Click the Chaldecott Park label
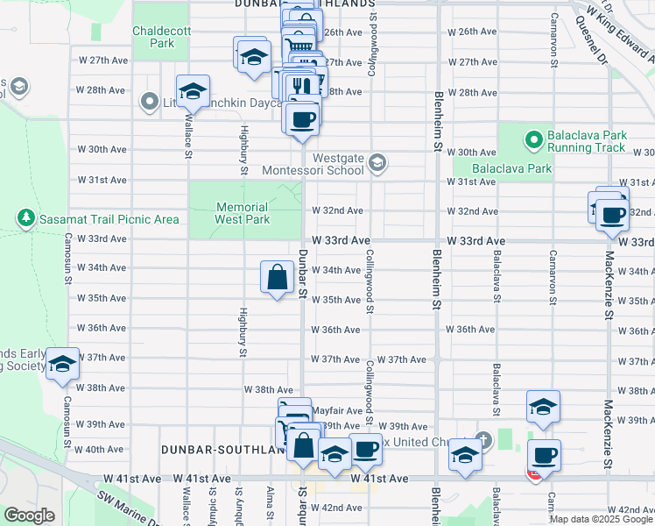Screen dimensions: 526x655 click(154, 36)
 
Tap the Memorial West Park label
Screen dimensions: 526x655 click(243, 213)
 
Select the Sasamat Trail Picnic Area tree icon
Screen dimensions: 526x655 click(26, 217)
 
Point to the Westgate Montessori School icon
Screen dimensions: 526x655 click(377, 161)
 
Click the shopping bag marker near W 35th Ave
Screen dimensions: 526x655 click(277, 278)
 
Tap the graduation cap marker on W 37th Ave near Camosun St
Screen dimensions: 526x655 click(62, 364)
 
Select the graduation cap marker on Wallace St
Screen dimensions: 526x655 click(193, 91)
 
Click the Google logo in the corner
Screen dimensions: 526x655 click(29, 515)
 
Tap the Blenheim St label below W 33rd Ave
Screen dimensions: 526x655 click(434, 281)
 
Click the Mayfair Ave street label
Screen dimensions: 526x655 click(337, 410)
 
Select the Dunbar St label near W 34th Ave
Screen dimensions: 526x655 click(302, 271)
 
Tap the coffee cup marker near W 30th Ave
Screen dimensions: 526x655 click(303, 118)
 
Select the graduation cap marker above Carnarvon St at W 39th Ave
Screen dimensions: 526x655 click(543, 407)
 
